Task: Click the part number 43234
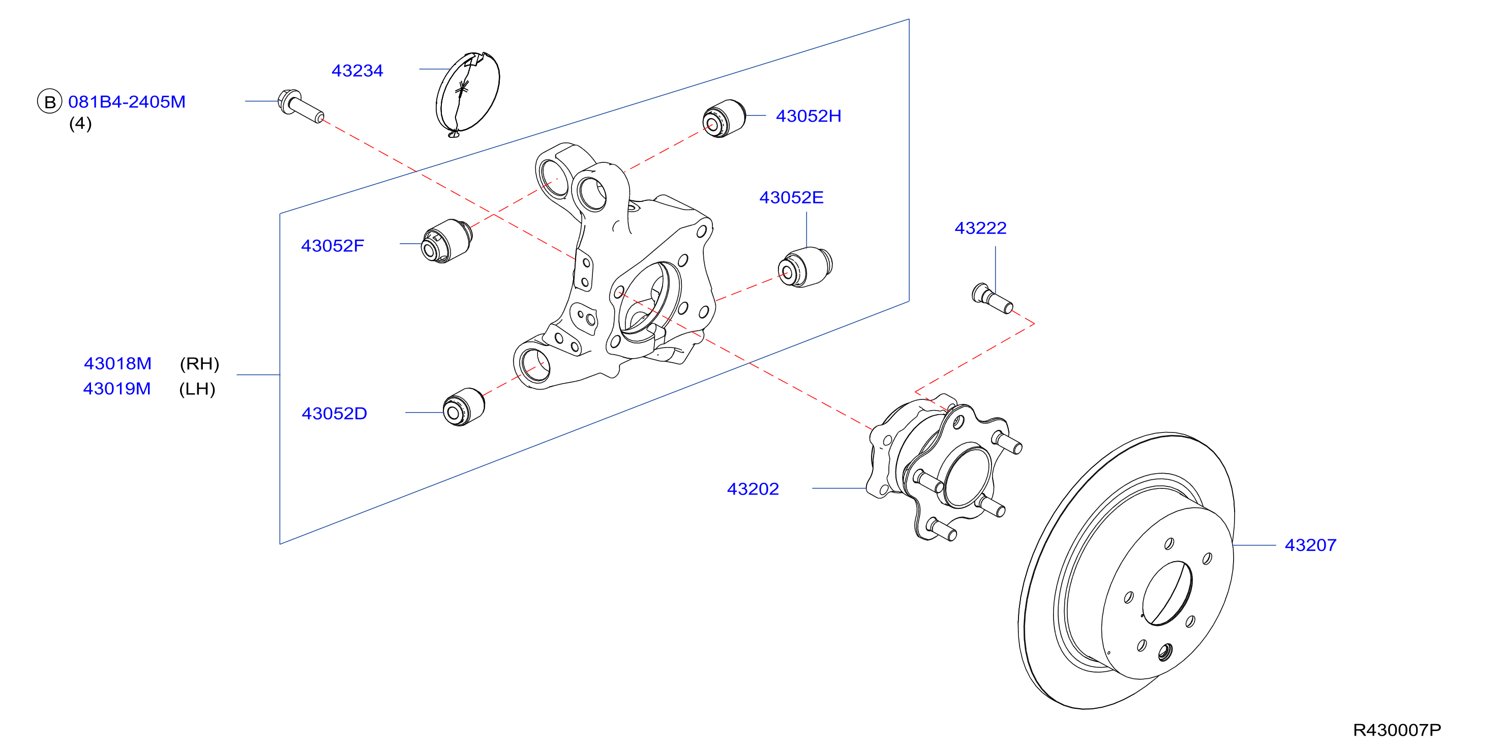click(357, 70)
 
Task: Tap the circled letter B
click(49, 101)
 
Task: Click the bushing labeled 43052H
click(724, 119)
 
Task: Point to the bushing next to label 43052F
click(447, 241)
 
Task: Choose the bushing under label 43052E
click(805, 267)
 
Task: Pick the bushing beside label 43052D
click(464, 407)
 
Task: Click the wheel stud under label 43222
click(992, 298)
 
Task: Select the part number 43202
click(753, 488)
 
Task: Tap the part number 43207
click(1310, 545)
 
